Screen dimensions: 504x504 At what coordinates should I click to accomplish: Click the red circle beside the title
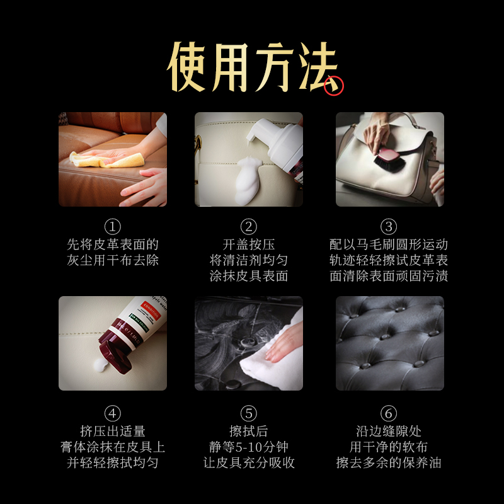(x=334, y=86)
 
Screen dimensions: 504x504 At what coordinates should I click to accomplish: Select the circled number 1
(x=112, y=226)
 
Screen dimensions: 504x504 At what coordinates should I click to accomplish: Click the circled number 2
(x=249, y=226)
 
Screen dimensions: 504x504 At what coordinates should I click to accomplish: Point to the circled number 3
(x=389, y=226)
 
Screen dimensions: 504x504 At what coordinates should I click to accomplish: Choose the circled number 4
(x=112, y=413)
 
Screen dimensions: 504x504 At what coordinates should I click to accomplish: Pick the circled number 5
(x=249, y=413)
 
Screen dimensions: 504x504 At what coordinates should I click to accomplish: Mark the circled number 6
(x=389, y=413)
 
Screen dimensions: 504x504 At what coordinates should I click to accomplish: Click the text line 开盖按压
(x=249, y=244)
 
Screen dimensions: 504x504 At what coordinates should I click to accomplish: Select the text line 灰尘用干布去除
(x=112, y=260)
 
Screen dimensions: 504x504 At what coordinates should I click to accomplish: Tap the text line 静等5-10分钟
(x=249, y=447)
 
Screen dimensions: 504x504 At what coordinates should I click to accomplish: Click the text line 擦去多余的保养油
(x=389, y=463)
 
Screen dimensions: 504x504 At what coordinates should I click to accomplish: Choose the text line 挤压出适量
(x=112, y=432)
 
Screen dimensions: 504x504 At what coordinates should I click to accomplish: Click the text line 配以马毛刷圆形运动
(x=389, y=244)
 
